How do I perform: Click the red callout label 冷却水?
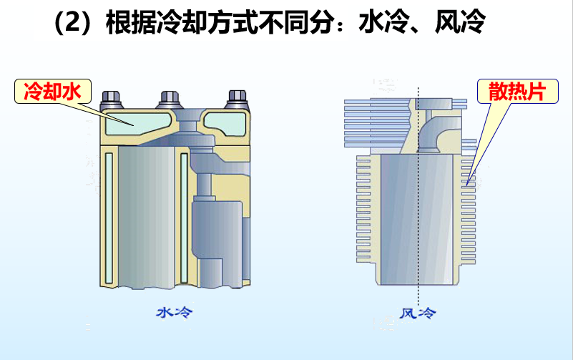[x=52, y=92]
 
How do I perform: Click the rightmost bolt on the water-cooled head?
[x=236, y=97]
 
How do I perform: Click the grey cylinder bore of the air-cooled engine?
[x=418, y=222]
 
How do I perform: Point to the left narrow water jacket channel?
[x=109, y=215]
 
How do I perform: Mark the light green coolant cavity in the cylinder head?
[x=132, y=122]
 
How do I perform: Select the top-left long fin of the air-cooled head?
[x=372, y=102]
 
